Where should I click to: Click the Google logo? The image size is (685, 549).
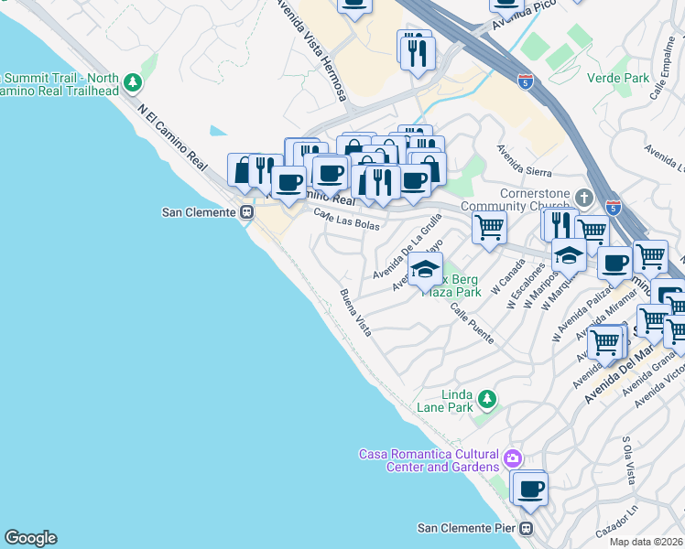pyautogui.click(x=30, y=538)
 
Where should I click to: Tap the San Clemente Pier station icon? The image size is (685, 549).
pyautogui.click(x=527, y=528)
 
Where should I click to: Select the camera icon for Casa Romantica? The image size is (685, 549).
pyautogui.click(x=512, y=457)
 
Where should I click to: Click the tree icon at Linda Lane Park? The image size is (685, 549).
pyautogui.click(x=487, y=398)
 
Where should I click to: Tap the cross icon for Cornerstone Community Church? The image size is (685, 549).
pyautogui.click(x=583, y=197)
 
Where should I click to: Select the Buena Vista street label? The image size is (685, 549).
pyautogui.click(x=355, y=311)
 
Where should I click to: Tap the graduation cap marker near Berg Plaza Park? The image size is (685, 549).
pyautogui.click(x=424, y=270)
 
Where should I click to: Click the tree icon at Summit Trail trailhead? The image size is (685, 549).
pyautogui.click(x=134, y=84)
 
